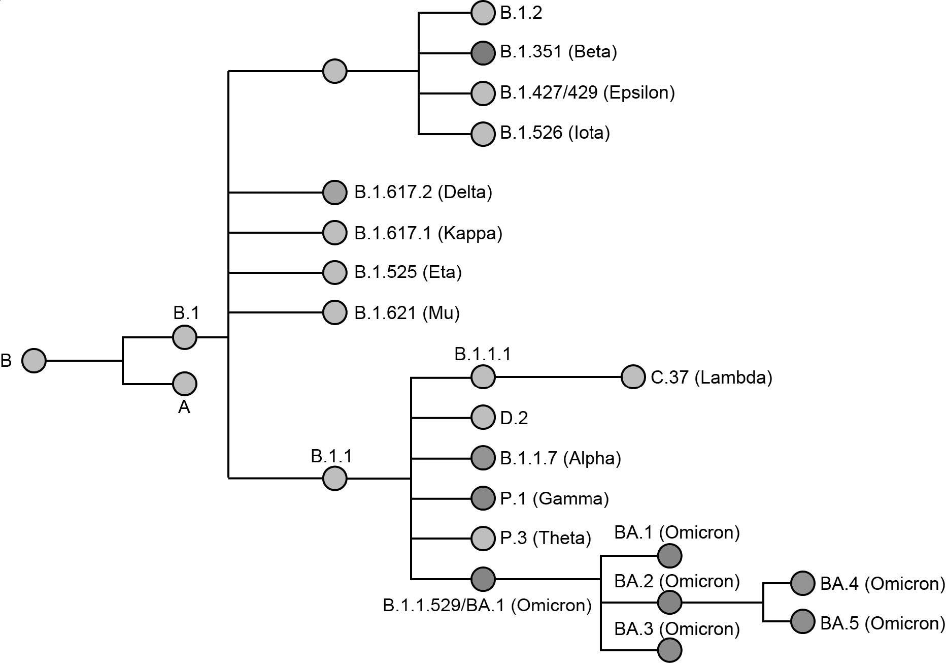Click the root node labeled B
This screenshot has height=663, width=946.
point(34,361)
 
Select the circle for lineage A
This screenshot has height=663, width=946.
point(184,384)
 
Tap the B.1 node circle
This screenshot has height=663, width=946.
point(184,337)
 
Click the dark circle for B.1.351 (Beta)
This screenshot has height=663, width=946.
point(483,53)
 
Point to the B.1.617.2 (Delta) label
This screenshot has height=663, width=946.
point(423,193)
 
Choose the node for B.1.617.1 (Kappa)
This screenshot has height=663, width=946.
point(334,233)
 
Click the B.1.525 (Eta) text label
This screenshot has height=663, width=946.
point(408,272)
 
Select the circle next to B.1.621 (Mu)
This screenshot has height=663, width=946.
point(334,312)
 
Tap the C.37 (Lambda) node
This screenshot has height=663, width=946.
point(633,377)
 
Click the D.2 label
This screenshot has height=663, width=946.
point(514,418)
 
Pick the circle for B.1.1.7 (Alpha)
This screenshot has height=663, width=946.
point(483,458)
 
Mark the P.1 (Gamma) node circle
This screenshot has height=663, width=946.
point(483,498)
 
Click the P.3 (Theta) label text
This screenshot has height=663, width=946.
point(545,538)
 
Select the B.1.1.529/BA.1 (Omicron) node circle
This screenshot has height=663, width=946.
point(483,579)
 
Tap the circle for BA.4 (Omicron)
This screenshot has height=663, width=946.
point(802,583)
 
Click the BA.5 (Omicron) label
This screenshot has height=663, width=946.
point(882,623)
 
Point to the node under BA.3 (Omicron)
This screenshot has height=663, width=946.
point(669,650)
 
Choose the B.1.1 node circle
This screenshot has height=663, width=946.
point(334,478)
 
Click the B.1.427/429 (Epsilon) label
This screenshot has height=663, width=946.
point(587,93)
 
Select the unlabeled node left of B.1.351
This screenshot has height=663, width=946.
point(334,71)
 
